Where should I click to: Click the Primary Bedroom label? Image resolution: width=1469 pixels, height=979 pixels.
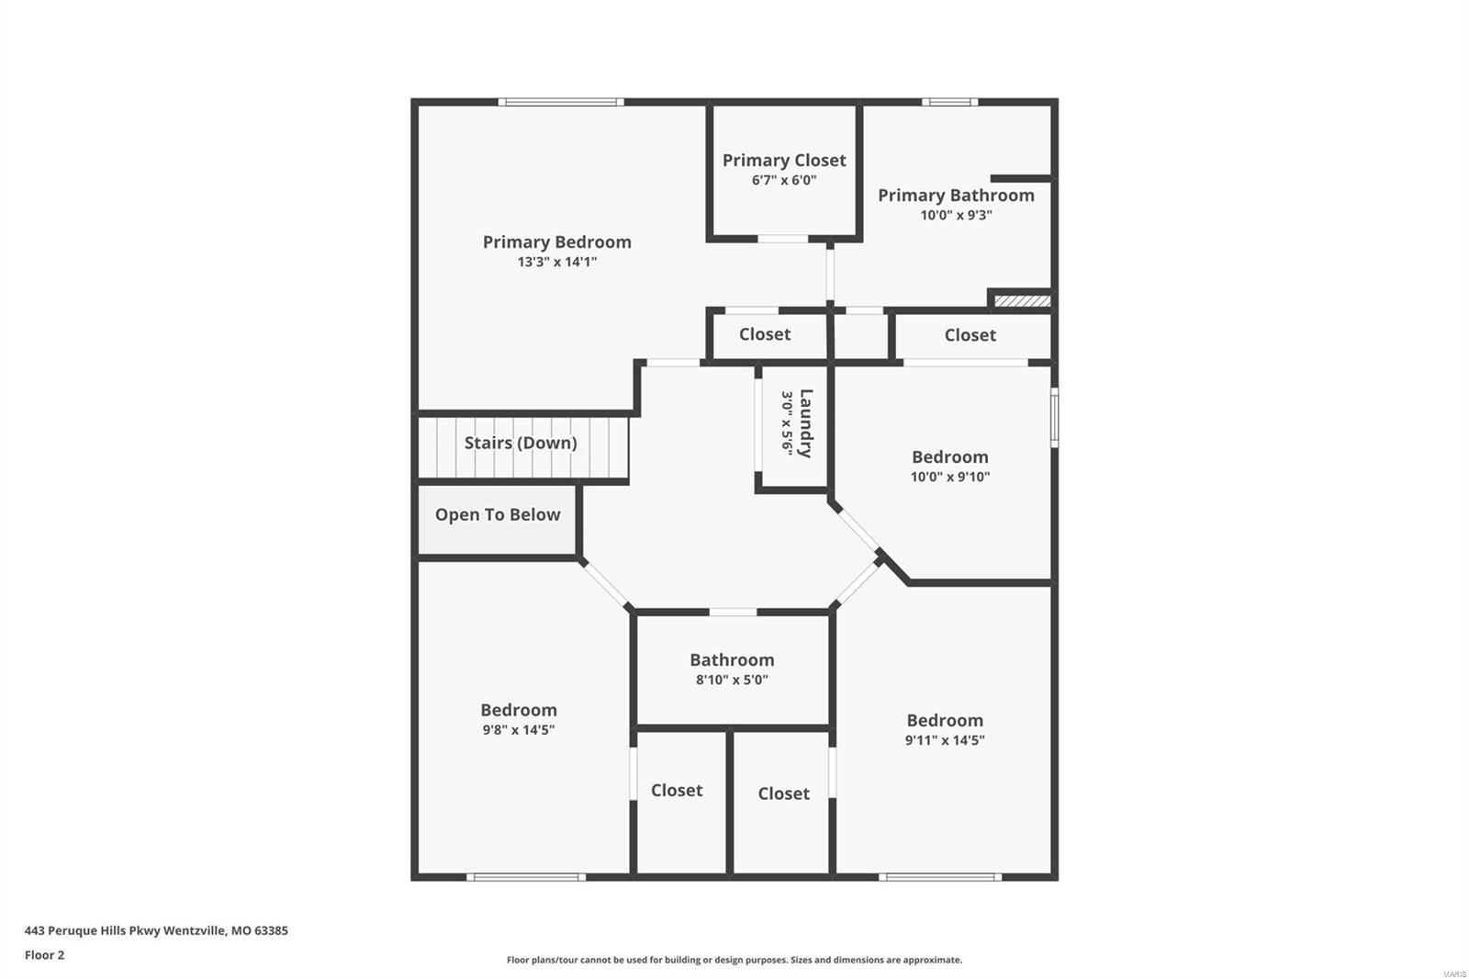(x=556, y=242)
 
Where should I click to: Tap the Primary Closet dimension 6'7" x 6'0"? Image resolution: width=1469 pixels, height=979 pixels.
(x=783, y=180)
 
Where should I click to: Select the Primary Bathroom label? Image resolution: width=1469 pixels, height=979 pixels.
(x=956, y=195)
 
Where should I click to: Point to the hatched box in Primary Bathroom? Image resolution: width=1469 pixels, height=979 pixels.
(x=1022, y=300)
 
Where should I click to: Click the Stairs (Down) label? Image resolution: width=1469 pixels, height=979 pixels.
(x=521, y=443)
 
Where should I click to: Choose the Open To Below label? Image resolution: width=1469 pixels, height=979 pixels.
(x=497, y=514)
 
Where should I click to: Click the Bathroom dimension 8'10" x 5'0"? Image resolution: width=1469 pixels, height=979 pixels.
(x=732, y=680)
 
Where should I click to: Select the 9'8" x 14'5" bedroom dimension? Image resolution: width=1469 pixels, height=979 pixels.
(x=518, y=730)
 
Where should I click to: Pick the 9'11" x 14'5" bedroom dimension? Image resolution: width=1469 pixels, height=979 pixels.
(x=944, y=740)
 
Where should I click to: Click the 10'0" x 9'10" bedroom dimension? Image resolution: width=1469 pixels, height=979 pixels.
(x=949, y=477)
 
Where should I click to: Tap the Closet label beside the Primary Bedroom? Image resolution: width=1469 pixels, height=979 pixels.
(x=765, y=334)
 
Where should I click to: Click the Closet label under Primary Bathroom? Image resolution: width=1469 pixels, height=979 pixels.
(x=970, y=335)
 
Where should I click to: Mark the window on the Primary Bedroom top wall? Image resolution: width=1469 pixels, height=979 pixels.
(x=561, y=102)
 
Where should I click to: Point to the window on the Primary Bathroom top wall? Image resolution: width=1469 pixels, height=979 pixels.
(x=949, y=102)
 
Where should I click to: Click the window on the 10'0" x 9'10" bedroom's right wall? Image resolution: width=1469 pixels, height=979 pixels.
(x=1054, y=417)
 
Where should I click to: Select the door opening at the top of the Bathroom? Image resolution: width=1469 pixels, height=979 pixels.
(x=733, y=612)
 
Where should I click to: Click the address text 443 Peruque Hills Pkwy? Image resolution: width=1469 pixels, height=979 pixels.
(x=156, y=930)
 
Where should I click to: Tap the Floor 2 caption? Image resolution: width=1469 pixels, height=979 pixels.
(x=44, y=955)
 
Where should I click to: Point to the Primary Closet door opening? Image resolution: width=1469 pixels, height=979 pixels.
(x=782, y=239)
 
